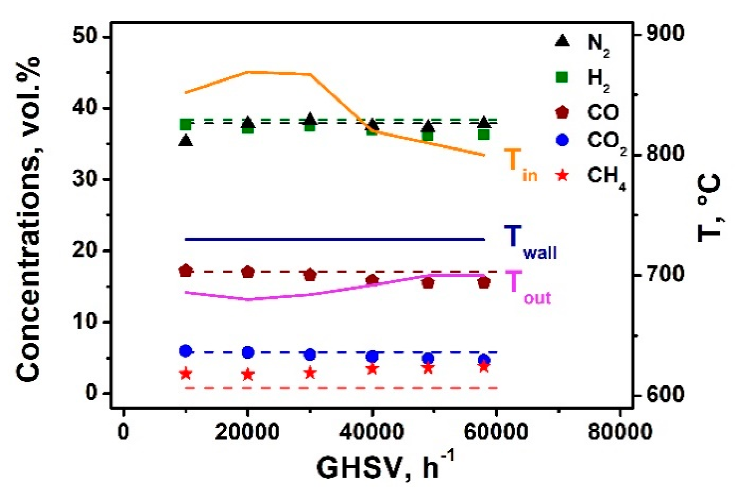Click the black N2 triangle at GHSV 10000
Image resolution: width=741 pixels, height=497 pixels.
[x=186, y=141]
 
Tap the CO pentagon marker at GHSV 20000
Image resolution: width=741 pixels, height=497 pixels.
[x=248, y=272]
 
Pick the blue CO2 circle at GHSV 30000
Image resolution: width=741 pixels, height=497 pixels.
[x=310, y=355]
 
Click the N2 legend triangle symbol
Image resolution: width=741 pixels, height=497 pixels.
[x=563, y=41]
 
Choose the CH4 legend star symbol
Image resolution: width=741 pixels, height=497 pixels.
[x=563, y=176]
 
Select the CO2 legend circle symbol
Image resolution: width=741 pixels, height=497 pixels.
[x=563, y=140]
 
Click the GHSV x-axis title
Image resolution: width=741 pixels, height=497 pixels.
[x=385, y=468]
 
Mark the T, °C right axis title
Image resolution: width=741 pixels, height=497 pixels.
[x=709, y=207]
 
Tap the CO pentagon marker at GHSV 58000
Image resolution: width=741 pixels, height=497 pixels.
[x=484, y=283]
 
